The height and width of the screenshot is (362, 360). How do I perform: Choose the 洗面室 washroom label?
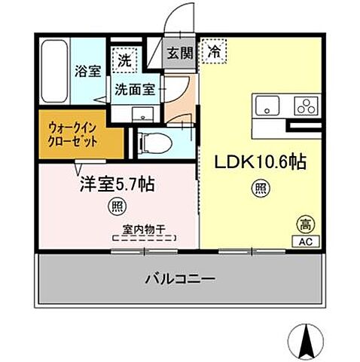pos(136,88)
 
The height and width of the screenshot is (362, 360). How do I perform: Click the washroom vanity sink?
pos(141,115)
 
